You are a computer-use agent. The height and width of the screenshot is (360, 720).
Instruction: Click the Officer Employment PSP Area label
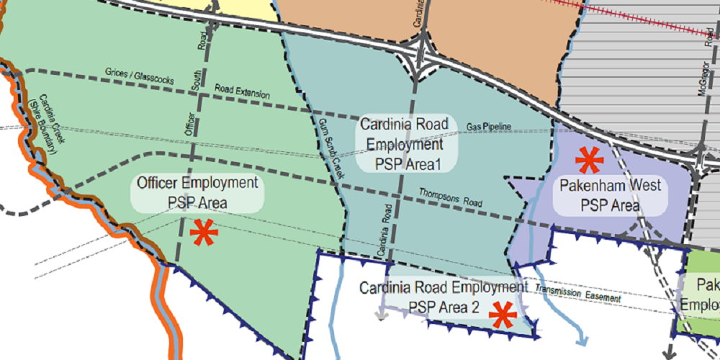click(x=197, y=193)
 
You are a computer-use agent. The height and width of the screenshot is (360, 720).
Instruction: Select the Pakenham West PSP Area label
click(x=611, y=195)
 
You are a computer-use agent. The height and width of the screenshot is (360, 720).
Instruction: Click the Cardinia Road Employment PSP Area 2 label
click(x=439, y=297)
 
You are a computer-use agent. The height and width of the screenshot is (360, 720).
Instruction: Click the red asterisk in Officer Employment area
click(x=203, y=233)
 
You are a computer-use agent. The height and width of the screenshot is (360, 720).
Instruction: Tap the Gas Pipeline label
click(x=489, y=127)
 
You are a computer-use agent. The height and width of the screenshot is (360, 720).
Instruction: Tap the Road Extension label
click(x=243, y=92)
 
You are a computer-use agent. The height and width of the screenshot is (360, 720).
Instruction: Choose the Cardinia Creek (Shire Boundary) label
click(x=48, y=125)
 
